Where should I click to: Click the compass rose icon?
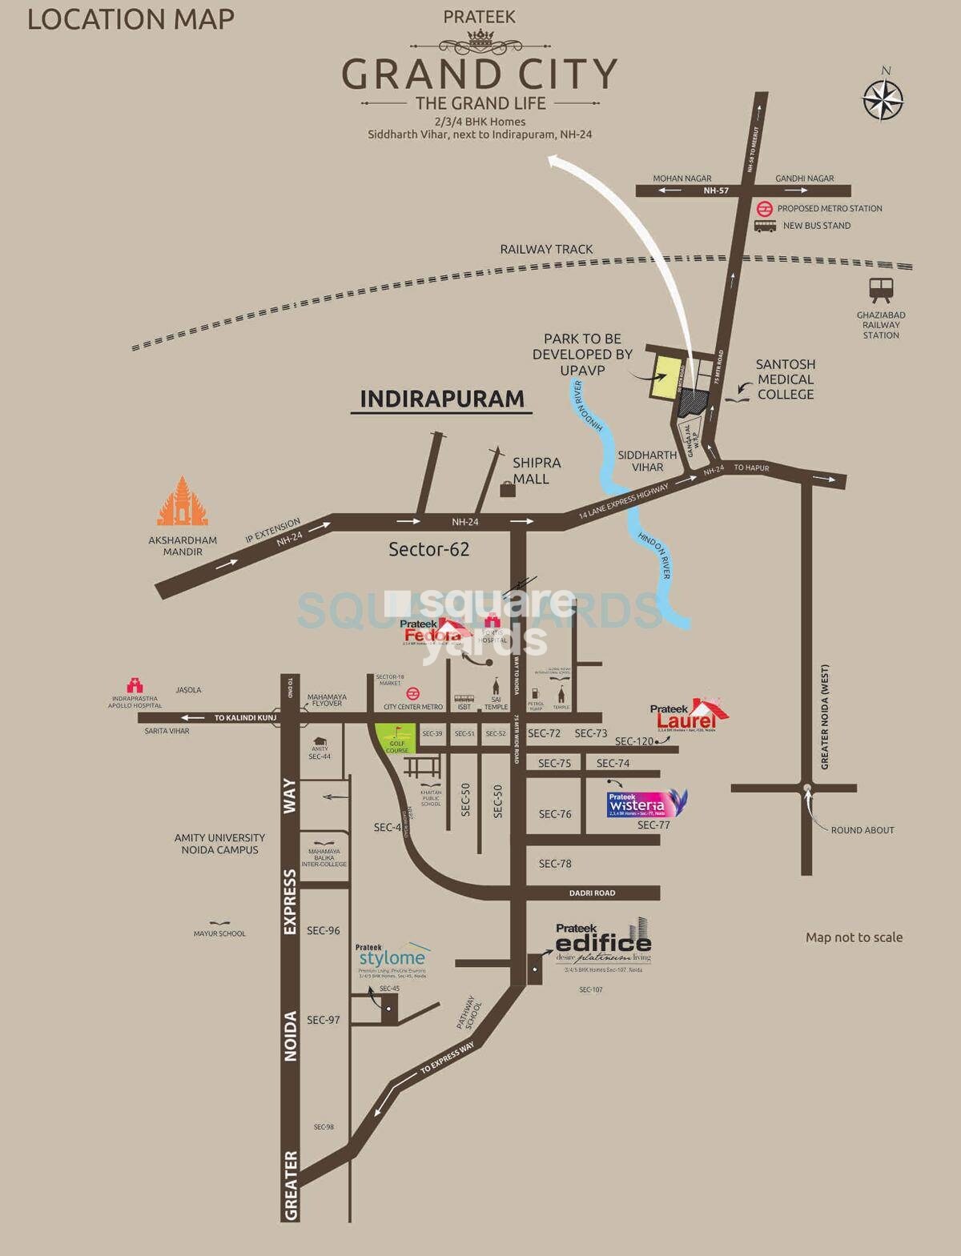pyautogui.click(x=883, y=100)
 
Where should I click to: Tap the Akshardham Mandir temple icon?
pyautogui.click(x=183, y=503)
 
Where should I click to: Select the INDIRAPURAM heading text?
pyautogui.click(x=442, y=399)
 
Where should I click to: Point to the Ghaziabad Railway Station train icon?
pyautogui.click(x=881, y=289)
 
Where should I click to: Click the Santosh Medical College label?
pyautogui.click(x=786, y=379)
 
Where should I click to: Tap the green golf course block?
pyautogui.click(x=396, y=737)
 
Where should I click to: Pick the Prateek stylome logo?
pyautogui.click(x=392, y=957)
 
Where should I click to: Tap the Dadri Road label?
pyautogui.click(x=592, y=893)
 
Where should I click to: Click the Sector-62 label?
pyautogui.click(x=428, y=549)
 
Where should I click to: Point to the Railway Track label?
pyautogui.click(x=546, y=250)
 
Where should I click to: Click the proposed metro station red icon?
pyautogui.click(x=765, y=208)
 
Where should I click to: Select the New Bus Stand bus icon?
pyautogui.click(x=765, y=226)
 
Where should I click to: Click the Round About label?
pyautogui.click(x=862, y=830)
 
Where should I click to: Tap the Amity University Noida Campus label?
pyautogui.click(x=219, y=844)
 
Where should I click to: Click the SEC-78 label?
pyautogui.click(x=555, y=864)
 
